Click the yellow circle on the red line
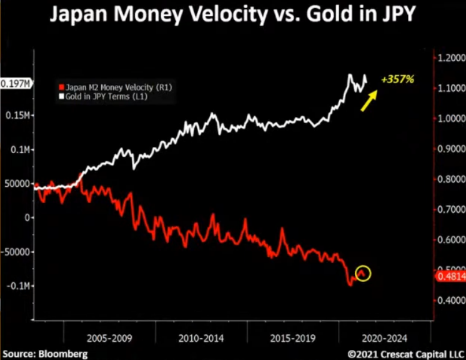pos(364,273)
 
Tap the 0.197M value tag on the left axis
pos(16,83)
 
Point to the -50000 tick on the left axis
pos(16,252)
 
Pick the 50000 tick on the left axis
pos(17,184)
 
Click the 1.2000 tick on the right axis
pos(450,58)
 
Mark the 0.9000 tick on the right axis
pos(450,149)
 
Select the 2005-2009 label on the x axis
pos(110,338)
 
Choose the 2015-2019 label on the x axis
pos(292,338)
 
